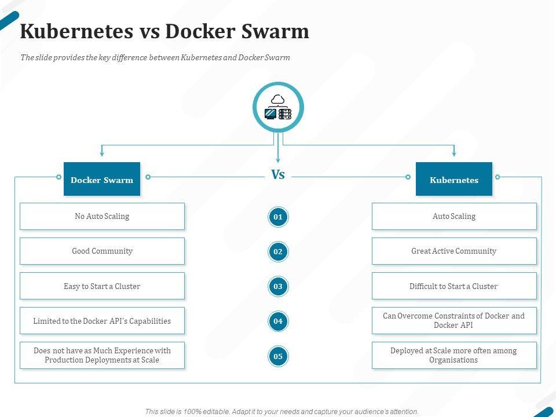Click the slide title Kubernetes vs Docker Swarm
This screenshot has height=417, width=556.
[164, 31]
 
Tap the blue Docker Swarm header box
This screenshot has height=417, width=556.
[102, 180]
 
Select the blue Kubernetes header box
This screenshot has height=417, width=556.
[454, 180]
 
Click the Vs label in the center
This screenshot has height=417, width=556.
[278, 175]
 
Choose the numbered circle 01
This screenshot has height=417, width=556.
[278, 217]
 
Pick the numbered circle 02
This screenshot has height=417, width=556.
[278, 251]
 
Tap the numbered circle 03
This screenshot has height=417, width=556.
[278, 286]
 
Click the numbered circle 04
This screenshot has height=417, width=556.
[278, 321]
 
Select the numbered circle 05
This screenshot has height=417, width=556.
[278, 356]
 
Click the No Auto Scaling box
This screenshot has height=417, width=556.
[102, 216]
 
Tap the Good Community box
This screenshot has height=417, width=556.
[102, 251]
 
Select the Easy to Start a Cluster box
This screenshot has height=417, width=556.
[102, 286]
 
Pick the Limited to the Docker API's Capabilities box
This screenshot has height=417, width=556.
[102, 321]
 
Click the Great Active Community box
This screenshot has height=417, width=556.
[454, 251]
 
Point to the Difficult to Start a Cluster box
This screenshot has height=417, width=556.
[454, 286]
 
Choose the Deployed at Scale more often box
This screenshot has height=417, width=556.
[454, 355]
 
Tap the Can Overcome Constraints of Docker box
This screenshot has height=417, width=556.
[454, 320]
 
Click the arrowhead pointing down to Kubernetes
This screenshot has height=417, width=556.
[454, 153]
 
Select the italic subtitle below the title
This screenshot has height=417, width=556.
[155, 58]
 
